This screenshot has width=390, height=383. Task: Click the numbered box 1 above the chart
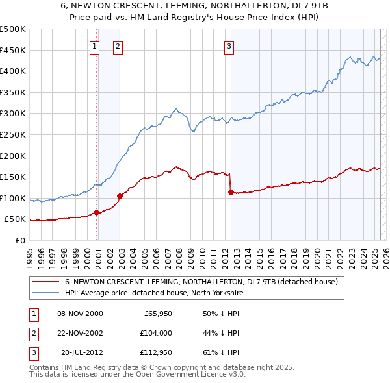(95, 46)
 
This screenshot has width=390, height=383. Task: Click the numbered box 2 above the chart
(118, 46)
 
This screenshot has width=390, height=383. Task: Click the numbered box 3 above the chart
(229, 46)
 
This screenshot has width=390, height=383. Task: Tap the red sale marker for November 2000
(97, 212)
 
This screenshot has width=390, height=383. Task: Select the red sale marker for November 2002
(120, 196)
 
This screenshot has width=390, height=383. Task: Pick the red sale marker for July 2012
(231, 192)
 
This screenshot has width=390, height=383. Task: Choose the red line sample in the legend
(45, 282)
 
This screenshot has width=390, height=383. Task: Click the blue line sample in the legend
(45, 293)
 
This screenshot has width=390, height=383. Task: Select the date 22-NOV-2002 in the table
(80, 333)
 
